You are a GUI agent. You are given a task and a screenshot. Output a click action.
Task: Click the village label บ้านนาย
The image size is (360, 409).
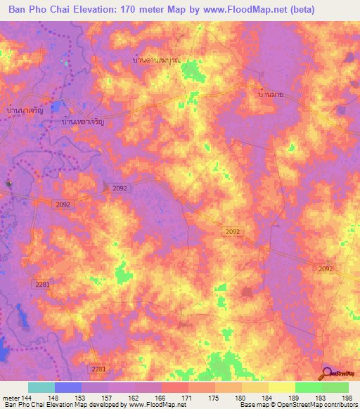(x=271, y=93)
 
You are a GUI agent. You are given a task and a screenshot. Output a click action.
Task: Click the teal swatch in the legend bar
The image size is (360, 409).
(x=41, y=387)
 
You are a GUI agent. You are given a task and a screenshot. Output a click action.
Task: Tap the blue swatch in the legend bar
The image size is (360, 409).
(x=68, y=387)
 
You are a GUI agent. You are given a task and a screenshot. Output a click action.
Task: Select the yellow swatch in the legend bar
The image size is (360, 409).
(x=282, y=387)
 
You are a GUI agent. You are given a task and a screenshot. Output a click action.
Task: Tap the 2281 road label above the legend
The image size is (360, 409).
(x=98, y=369)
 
